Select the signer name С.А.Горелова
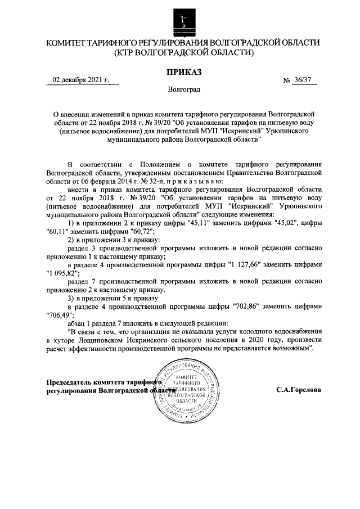pos(299,389)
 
